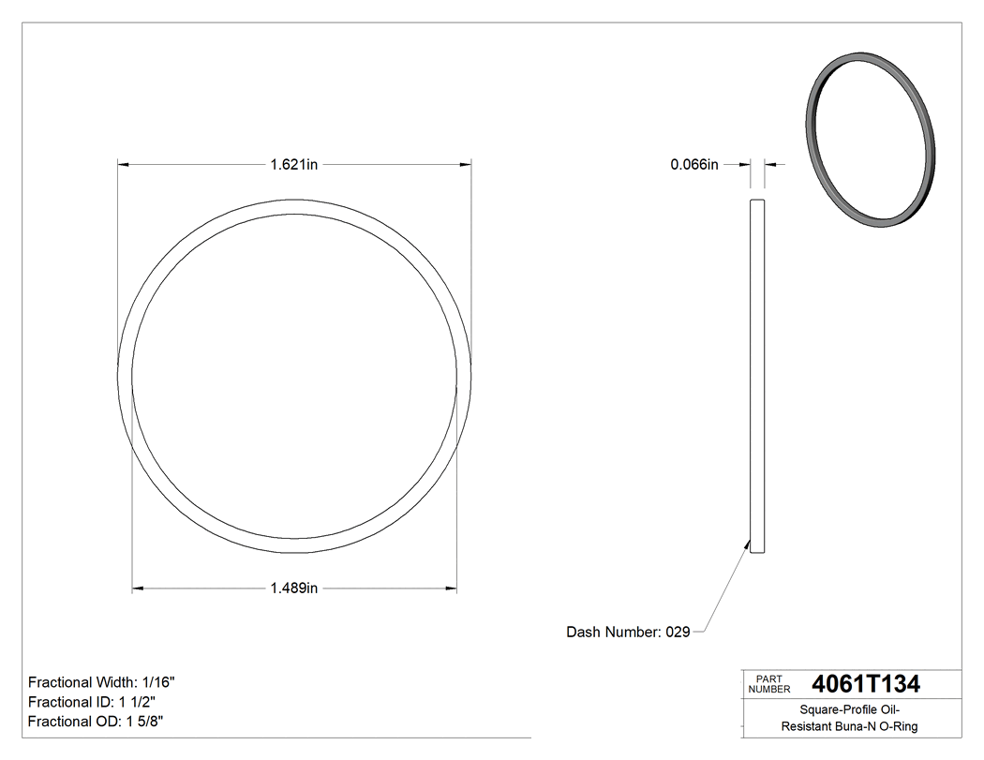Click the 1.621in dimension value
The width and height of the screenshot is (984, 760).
pyautogui.click(x=294, y=165)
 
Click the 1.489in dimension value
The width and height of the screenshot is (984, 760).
pyautogui.click(x=294, y=589)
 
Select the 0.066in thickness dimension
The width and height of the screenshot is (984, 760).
pyautogui.click(x=694, y=165)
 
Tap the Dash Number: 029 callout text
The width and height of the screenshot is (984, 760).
pyautogui.click(x=628, y=633)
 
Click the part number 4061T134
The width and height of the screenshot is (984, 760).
pyautogui.click(x=866, y=684)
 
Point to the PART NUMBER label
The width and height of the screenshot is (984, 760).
pyautogui.click(x=769, y=684)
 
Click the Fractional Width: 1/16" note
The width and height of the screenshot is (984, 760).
pyautogui.click(x=102, y=682)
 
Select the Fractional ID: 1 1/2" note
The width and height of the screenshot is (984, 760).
pyautogui.click(x=92, y=702)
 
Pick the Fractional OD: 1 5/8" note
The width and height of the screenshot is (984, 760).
pyautogui.click(x=97, y=722)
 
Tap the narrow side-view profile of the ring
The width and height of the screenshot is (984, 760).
pyautogui.click(x=758, y=375)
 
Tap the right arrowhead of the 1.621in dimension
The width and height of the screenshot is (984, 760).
pyautogui.click(x=467, y=165)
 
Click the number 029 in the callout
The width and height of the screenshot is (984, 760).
pyautogui.click(x=678, y=633)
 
